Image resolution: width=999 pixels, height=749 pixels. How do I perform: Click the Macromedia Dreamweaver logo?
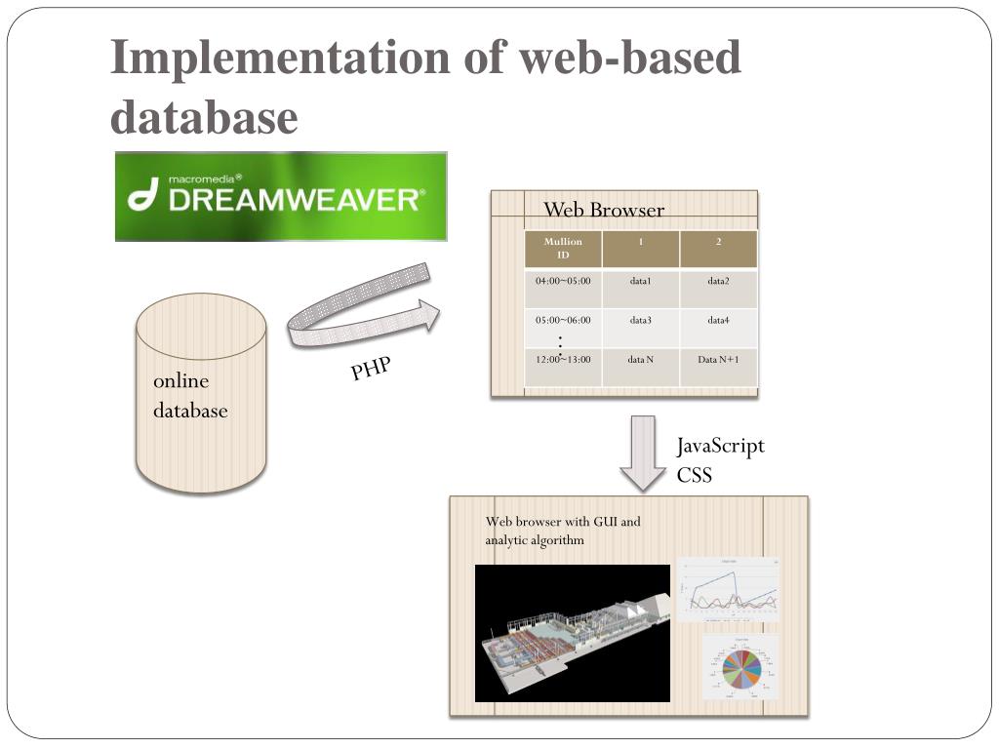(x=281, y=196)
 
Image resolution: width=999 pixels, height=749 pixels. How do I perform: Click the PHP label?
(x=371, y=370)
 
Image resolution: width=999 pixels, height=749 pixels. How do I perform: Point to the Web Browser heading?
(x=603, y=210)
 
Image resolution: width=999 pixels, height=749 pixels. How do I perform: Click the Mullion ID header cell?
(x=563, y=248)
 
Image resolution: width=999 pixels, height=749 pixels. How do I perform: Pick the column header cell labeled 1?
(x=641, y=242)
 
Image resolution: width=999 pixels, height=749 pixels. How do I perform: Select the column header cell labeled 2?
(x=718, y=242)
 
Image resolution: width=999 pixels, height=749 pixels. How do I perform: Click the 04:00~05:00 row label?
(x=563, y=282)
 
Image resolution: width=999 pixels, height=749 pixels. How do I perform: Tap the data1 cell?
(x=641, y=282)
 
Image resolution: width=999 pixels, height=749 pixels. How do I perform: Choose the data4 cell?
(x=718, y=320)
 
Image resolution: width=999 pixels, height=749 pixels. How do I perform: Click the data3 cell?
(x=641, y=320)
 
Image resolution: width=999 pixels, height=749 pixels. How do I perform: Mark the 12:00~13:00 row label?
(x=563, y=360)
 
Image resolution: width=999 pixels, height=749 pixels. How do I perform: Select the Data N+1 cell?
(x=718, y=360)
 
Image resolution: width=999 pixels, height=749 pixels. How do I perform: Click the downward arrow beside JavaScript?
(x=643, y=453)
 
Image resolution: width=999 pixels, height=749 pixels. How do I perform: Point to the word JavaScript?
(x=721, y=447)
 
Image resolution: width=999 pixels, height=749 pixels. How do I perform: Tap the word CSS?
(x=695, y=476)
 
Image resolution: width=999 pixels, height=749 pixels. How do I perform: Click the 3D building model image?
(x=573, y=633)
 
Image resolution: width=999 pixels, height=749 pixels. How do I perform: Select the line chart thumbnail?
(x=728, y=589)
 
